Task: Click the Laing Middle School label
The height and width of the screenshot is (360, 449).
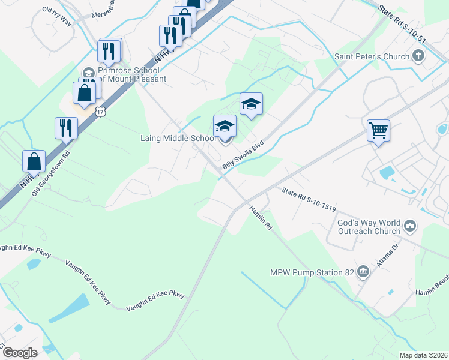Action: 178,139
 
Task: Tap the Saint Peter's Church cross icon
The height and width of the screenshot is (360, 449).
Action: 418,57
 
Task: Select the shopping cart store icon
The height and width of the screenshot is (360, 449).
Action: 379,130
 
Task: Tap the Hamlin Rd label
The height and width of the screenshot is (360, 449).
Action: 261,219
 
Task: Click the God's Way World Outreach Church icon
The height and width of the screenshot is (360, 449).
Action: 411,226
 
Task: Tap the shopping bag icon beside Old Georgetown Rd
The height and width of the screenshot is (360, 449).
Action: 34,161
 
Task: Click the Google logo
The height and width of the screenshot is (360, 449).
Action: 20,352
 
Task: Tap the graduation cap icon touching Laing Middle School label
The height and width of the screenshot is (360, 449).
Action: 224,126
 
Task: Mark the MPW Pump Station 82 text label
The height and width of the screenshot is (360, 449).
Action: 311,272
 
